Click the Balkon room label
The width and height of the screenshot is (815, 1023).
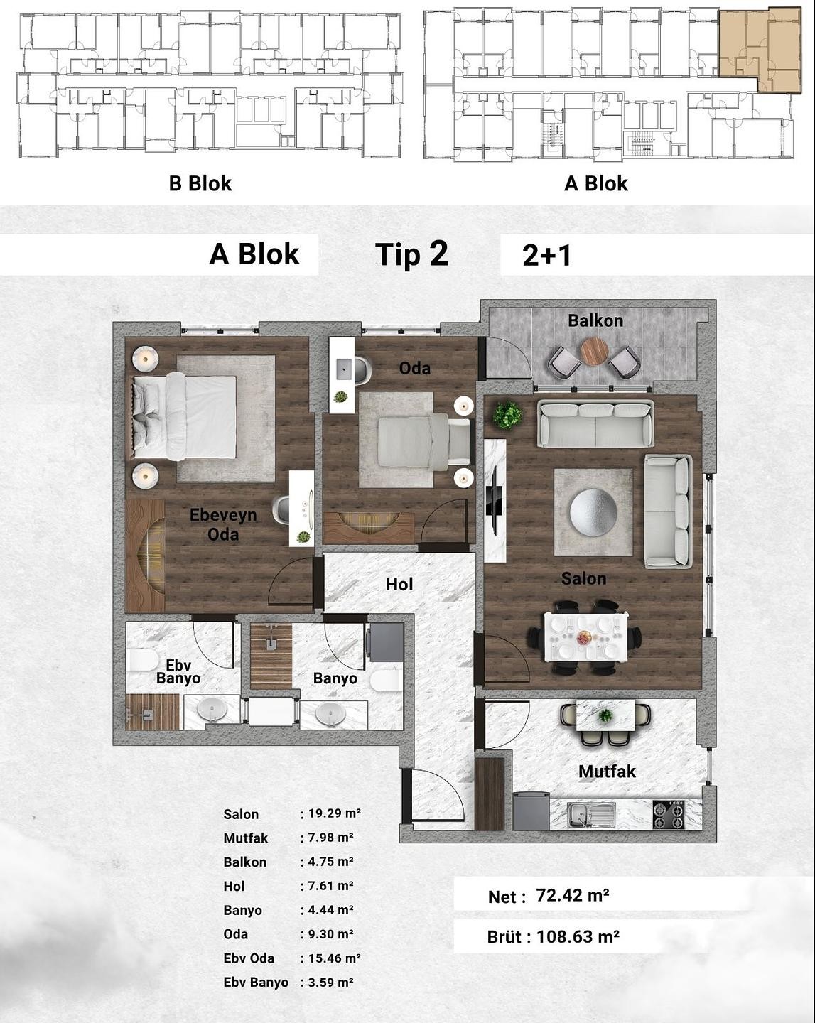tap(595, 320)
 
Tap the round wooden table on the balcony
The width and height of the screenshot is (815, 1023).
tap(594, 351)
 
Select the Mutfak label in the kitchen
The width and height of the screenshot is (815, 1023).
tap(607, 771)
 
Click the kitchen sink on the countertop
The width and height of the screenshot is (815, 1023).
tap(591, 815)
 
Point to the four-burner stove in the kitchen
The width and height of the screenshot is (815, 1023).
tap(669, 814)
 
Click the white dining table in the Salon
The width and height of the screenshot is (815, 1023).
tap(585, 636)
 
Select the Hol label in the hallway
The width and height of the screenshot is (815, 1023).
tap(399, 584)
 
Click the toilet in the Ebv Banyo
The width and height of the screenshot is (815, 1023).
tap(142, 660)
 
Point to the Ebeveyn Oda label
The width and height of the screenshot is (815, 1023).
tap(223, 524)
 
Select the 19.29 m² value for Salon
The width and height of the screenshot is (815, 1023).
tap(335, 813)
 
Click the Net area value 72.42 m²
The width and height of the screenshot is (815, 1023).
tap(573, 896)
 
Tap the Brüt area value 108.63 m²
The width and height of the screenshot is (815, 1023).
tap(578, 936)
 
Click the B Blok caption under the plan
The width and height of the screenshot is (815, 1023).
tap(200, 183)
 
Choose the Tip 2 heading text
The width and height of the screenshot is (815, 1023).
tap(412, 255)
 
